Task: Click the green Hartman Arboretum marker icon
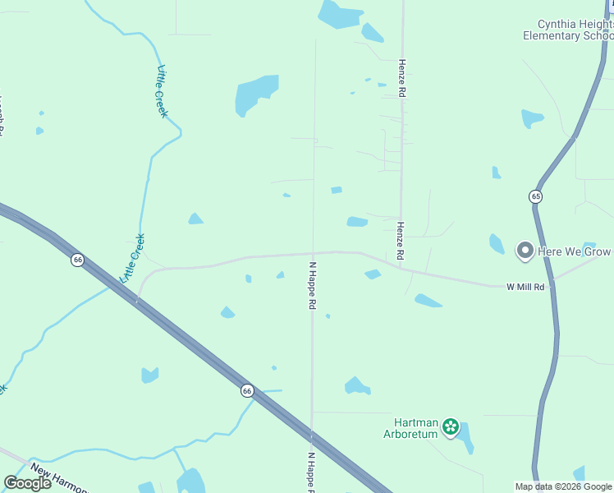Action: click(x=450, y=426)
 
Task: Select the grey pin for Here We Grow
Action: click(x=525, y=251)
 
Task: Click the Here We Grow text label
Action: click(x=575, y=251)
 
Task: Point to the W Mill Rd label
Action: click(x=525, y=287)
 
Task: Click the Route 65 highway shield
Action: click(x=535, y=196)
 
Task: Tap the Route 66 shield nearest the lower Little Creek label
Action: click(x=77, y=260)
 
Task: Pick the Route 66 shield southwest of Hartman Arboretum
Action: click(x=247, y=391)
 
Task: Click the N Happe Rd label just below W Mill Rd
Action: click(x=313, y=285)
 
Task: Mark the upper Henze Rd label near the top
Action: click(x=402, y=78)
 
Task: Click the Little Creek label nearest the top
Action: click(x=162, y=91)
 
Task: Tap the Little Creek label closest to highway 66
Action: click(x=133, y=258)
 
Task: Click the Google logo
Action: click(x=28, y=483)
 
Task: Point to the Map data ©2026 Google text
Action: click(x=563, y=486)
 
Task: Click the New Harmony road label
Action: click(x=57, y=478)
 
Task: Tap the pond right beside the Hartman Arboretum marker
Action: click(x=465, y=437)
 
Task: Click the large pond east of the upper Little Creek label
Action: click(x=255, y=94)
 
